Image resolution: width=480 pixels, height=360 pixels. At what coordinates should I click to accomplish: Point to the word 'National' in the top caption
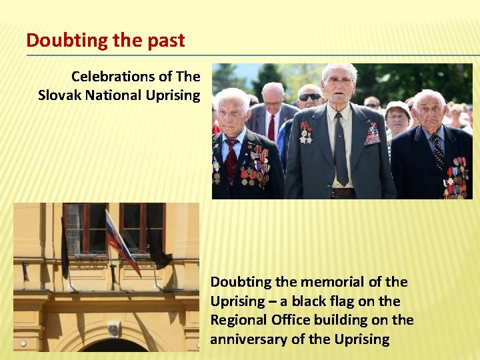click(x=116, y=95)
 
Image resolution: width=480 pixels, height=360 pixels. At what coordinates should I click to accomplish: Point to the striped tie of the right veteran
click(x=437, y=152)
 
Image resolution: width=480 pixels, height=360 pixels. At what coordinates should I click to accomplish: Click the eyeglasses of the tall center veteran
click(x=339, y=80)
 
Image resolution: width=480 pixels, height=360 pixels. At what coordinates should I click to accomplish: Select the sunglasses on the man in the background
click(x=309, y=97)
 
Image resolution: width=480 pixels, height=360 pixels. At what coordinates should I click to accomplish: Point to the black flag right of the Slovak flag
click(x=158, y=251)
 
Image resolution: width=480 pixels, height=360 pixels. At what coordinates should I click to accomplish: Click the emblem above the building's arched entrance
click(x=114, y=329)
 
